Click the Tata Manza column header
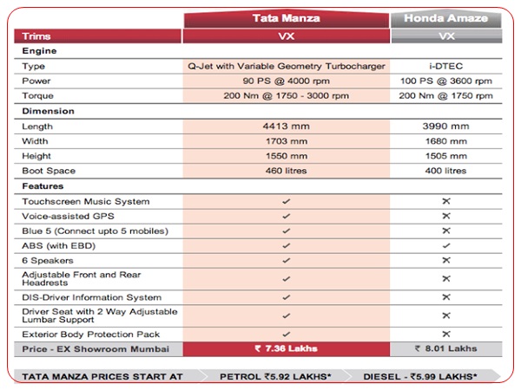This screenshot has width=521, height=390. (286, 18)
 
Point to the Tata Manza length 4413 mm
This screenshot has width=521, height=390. (286, 126)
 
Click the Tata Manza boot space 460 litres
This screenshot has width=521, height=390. (286, 171)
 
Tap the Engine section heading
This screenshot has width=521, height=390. (39, 51)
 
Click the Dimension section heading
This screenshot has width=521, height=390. (48, 111)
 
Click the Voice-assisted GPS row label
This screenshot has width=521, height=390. (66, 217)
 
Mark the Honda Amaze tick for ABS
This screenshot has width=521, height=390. (446, 246)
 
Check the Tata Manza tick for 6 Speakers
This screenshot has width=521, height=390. (286, 261)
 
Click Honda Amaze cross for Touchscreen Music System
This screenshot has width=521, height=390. (446, 201)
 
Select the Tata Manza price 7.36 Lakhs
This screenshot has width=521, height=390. (286, 348)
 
